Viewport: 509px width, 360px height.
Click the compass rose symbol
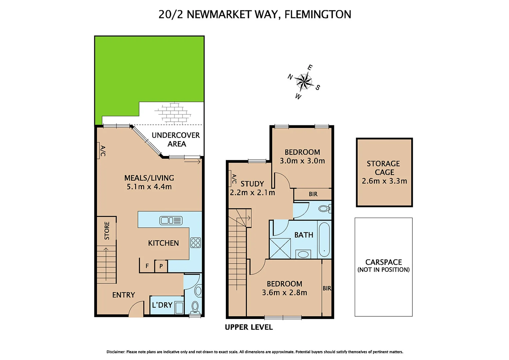pos(303,81)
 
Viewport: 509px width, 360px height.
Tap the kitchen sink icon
pos(171,220)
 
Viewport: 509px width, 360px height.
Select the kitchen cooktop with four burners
pos(196,243)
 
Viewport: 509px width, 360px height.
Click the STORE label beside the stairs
pos(107,231)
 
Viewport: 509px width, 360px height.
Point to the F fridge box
pos(147,266)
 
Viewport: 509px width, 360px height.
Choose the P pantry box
pos(161,266)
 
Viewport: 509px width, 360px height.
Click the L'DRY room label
pos(162,305)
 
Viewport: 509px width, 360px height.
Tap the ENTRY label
pos(124,295)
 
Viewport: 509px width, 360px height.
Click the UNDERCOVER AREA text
pos(176,140)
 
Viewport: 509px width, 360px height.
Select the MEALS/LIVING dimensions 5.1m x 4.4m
pos(149,187)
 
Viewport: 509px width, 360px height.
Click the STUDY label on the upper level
pos(252,184)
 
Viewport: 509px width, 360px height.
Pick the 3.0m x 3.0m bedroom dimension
pos(302,161)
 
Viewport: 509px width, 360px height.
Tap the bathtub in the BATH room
pos(324,239)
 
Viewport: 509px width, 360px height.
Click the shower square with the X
pos(280,249)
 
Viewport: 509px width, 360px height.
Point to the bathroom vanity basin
pos(303,254)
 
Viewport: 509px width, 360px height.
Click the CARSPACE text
pos(384,262)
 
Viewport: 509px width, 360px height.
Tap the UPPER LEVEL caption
pos(249,327)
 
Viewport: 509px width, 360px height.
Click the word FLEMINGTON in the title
pos(318,15)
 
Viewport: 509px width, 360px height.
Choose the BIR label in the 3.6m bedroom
pos(327,288)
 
